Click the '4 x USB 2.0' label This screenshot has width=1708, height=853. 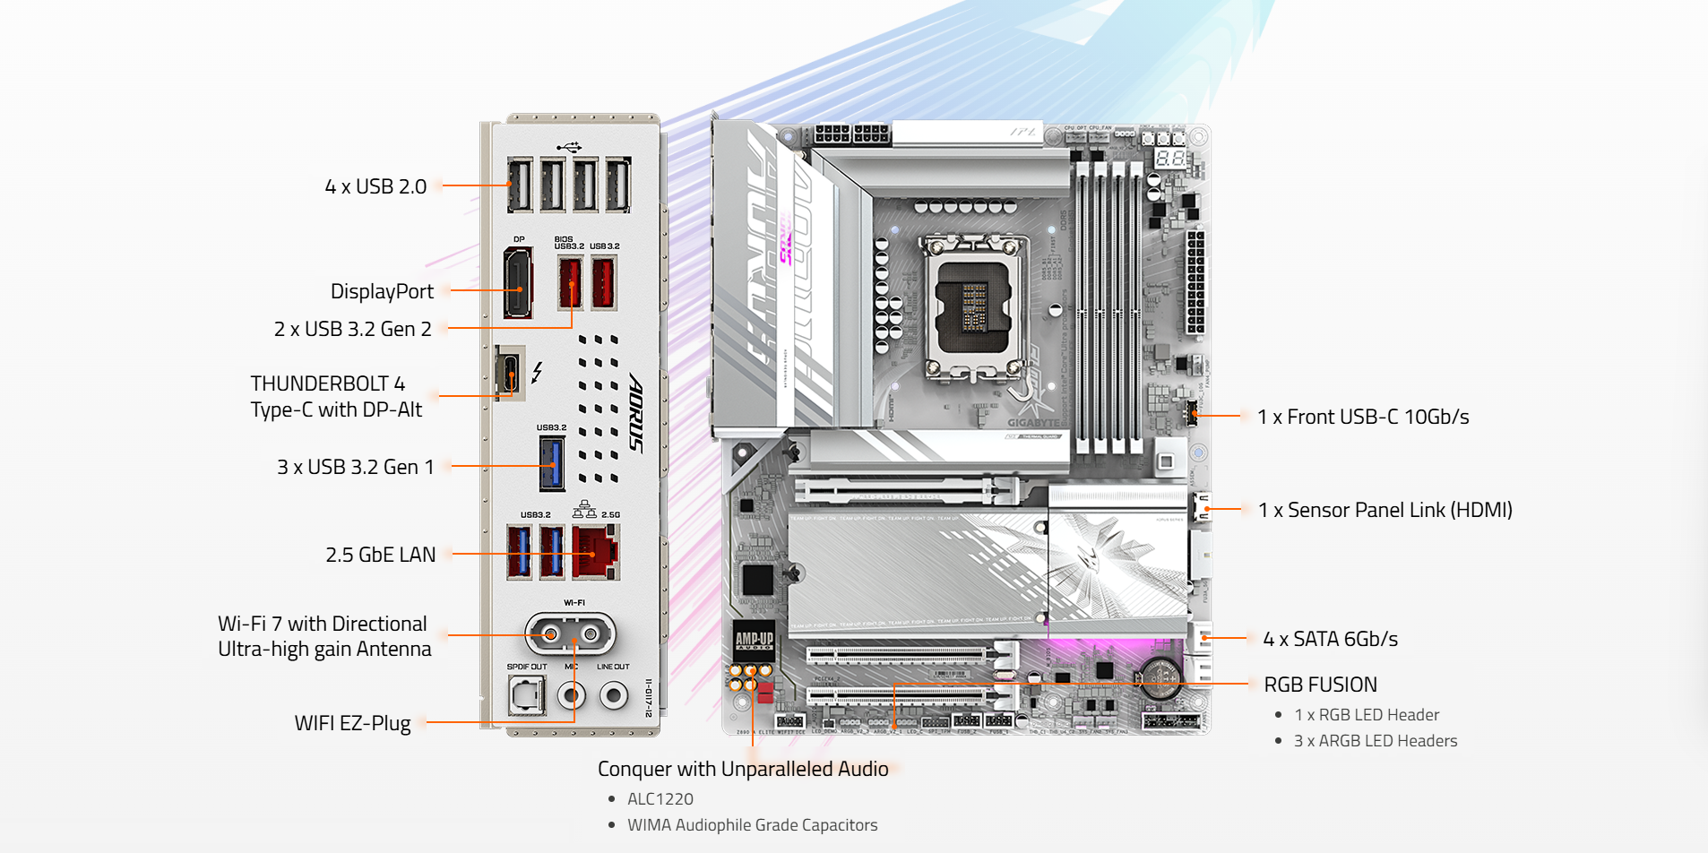point(375,186)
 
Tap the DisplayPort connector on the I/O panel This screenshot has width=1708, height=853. point(517,284)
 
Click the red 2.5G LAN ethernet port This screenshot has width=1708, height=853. point(595,551)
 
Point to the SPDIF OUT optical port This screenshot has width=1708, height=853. point(526,695)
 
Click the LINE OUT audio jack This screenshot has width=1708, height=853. point(613,694)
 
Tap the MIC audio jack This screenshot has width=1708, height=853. point(571,694)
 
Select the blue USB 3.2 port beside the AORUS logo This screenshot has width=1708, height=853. point(551,463)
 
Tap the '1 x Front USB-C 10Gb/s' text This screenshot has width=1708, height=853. point(1363,417)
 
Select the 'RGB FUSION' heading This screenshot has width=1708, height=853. point(1320,685)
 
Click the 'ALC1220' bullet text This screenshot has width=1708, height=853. point(660,798)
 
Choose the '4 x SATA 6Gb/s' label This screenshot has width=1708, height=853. point(1330,639)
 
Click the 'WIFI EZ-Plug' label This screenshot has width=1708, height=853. point(352,723)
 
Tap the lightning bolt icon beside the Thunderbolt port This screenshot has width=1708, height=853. point(537,372)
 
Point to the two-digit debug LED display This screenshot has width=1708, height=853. point(1169,158)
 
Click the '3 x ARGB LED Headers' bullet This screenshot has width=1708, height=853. point(1376,741)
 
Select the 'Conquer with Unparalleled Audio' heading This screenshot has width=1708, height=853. point(743,769)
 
